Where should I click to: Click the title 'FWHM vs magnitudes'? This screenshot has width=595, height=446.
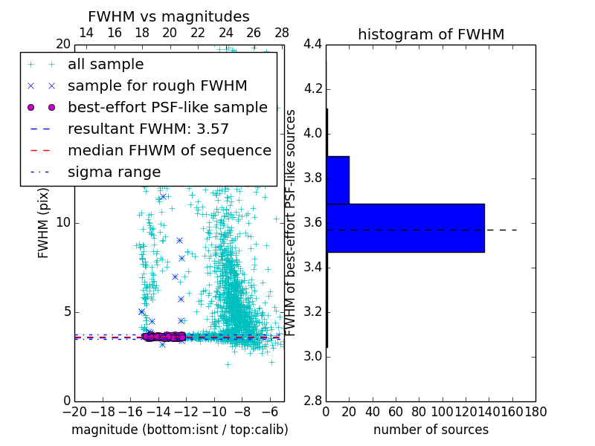[168, 17]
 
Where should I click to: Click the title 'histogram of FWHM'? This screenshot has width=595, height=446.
[431, 34]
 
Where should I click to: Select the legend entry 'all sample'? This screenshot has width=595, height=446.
[106, 65]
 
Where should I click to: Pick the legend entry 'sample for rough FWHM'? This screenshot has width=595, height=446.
[157, 86]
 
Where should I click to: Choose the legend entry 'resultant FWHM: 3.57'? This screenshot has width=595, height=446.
[148, 129]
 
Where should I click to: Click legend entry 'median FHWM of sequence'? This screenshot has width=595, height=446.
[169, 151]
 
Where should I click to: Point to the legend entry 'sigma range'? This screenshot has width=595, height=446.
[114, 172]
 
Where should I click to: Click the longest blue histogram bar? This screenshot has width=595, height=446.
[405, 227]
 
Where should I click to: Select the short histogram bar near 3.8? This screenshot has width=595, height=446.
[338, 180]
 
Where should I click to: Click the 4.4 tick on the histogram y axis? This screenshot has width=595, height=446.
[312, 45]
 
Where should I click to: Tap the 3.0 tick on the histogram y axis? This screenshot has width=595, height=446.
[312, 356]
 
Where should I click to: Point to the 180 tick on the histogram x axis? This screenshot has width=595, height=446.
[535, 411]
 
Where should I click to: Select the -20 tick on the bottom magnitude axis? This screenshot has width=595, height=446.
[74, 411]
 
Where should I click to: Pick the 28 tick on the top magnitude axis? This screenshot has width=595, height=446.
[282, 33]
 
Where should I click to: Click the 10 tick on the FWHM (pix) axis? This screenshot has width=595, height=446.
[63, 223]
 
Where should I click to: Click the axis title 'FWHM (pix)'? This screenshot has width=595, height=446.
[44, 222]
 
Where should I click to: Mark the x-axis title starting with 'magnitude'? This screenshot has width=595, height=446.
[179, 430]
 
